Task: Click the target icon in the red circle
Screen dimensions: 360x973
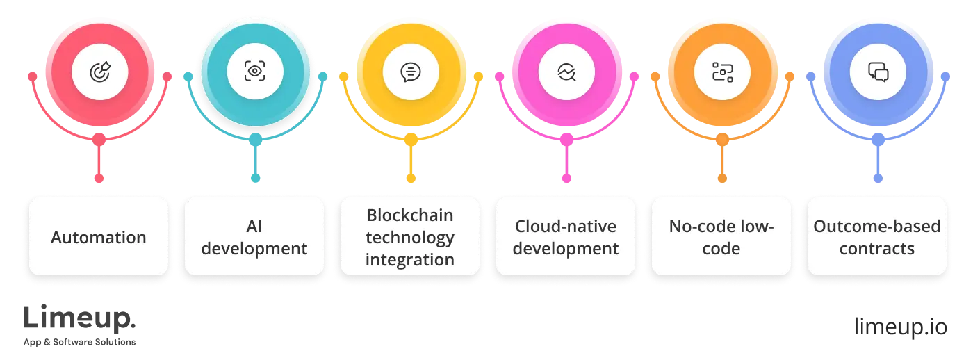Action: pos(99,71)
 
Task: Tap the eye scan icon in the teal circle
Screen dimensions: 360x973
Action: pos(255,71)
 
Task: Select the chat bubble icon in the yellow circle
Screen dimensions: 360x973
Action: pos(411,71)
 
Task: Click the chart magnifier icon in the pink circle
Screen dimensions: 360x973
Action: pos(566,71)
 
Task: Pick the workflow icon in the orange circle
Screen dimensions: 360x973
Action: pos(722,71)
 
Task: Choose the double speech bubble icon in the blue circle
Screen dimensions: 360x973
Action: pos(878,71)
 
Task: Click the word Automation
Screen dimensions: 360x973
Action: pos(99,237)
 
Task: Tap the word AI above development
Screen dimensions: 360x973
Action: pos(254,226)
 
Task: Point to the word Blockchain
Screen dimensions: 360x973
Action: pos(410,215)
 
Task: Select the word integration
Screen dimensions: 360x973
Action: pos(410,260)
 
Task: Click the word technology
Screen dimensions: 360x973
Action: pos(410,238)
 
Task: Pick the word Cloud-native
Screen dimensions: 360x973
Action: pos(566,226)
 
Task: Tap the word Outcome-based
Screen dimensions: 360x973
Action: pos(877,226)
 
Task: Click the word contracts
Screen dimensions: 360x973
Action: pos(877,248)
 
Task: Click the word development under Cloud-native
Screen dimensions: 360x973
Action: pos(566,248)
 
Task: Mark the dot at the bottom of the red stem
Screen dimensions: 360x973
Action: pos(99,179)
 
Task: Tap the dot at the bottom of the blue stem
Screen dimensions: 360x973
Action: pos(878,179)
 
